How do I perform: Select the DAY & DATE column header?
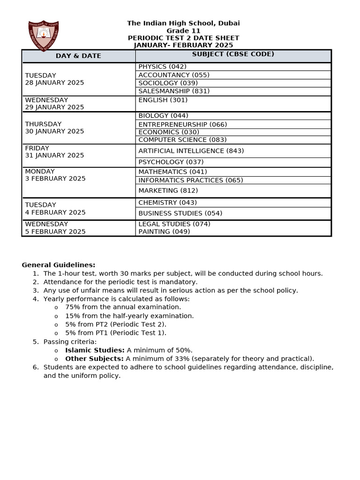click(78, 56)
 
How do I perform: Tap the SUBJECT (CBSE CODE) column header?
click(233, 54)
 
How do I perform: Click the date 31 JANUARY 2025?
click(54, 156)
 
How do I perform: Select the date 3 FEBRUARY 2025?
click(55, 179)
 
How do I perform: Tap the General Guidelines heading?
click(58, 265)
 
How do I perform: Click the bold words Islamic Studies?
click(95, 350)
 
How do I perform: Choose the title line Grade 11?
click(183, 31)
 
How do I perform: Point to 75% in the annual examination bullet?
click(72, 307)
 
